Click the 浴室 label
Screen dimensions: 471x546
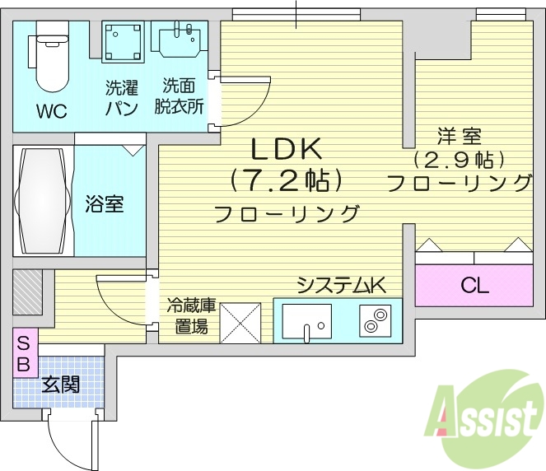(x=104, y=203)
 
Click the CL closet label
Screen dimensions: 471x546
(x=474, y=287)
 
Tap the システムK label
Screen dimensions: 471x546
(x=341, y=286)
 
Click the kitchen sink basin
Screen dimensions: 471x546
(x=306, y=319)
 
